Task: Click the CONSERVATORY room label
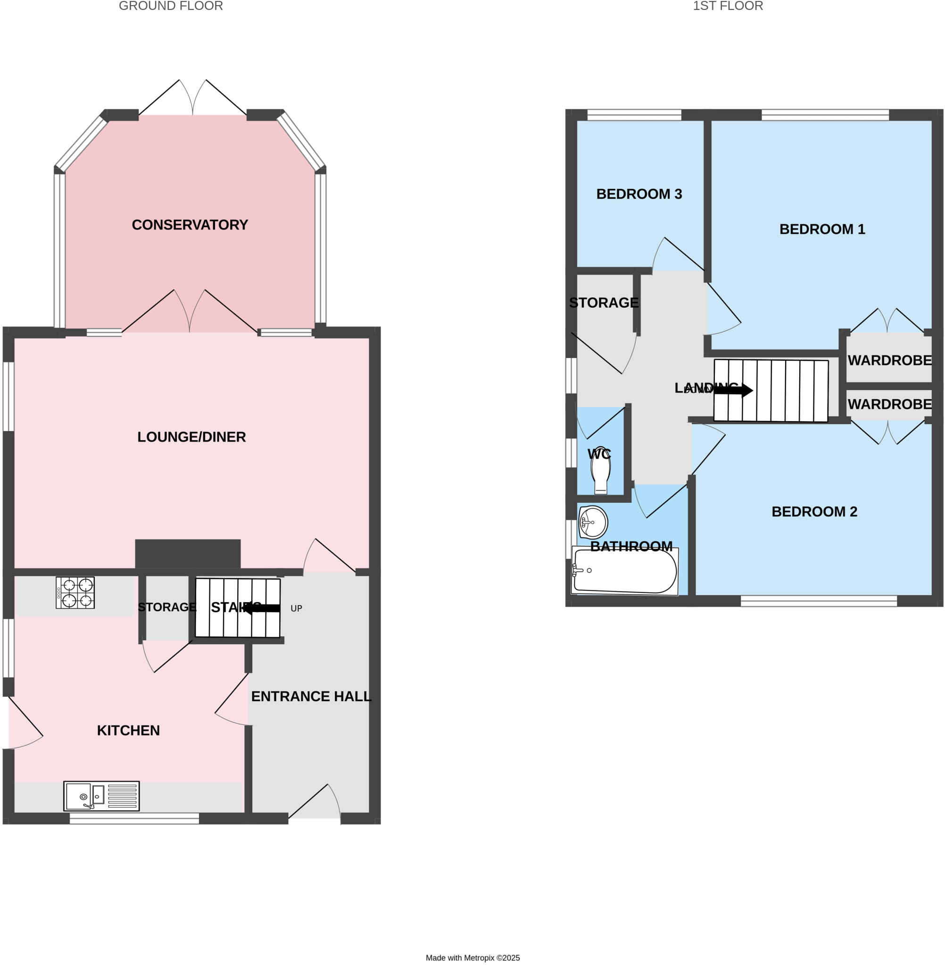click(x=190, y=225)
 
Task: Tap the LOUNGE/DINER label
click(x=191, y=437)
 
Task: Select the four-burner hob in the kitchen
click(x=75, y=593)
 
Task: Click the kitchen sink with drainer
click(x=101, y=796)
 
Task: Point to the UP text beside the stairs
click(x=296, y=608)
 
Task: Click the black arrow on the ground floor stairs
click(x=262, y=608)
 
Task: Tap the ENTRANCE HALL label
click(x=311, y=696)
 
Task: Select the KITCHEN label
click(x=128, y=730)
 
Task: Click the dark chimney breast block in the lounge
click(x=188, y=553)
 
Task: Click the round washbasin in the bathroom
click(x=593, y=522)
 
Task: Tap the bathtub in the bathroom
click(x=624, y=571)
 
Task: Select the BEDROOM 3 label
click(x=639, y=194)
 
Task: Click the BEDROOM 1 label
click(x=822, y=229)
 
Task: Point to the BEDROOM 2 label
click(x=814, y=512)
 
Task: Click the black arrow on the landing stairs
click(x=734, y=390)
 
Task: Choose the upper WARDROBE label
click(x=889, y=360)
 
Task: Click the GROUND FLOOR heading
click(x=171, y=6)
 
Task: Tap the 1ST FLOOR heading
click(x=728, y=6)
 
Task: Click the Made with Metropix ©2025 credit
click(x=472, y=958)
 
